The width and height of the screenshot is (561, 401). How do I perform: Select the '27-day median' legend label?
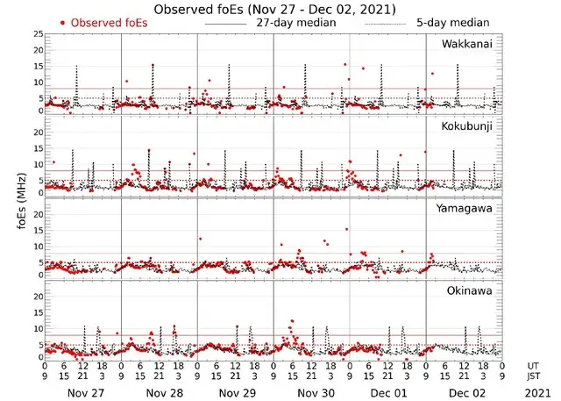[x=296, y=22]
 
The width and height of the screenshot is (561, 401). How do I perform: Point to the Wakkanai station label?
[x=465, y=44]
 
